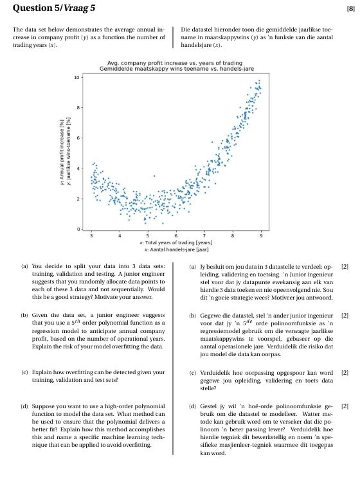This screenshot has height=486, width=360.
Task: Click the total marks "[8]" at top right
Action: click(350, 8)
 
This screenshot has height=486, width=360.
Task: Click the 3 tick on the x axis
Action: click(91, 236)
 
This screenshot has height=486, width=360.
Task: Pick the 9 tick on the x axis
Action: click(261, 236)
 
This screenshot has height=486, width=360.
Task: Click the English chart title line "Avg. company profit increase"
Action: click(177, 62)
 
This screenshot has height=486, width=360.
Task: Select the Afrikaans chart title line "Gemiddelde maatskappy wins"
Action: click(177, 68)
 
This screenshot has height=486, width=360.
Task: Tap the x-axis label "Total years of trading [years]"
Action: click(177, 242)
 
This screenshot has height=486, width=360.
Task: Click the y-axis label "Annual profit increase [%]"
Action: click(60, 152)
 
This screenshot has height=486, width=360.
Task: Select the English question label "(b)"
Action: click(24, 315)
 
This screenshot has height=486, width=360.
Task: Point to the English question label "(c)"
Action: click(24, 372)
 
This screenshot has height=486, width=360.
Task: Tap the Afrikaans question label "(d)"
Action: click(194, 406)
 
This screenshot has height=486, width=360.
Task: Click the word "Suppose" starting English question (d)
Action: click(43, 406)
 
